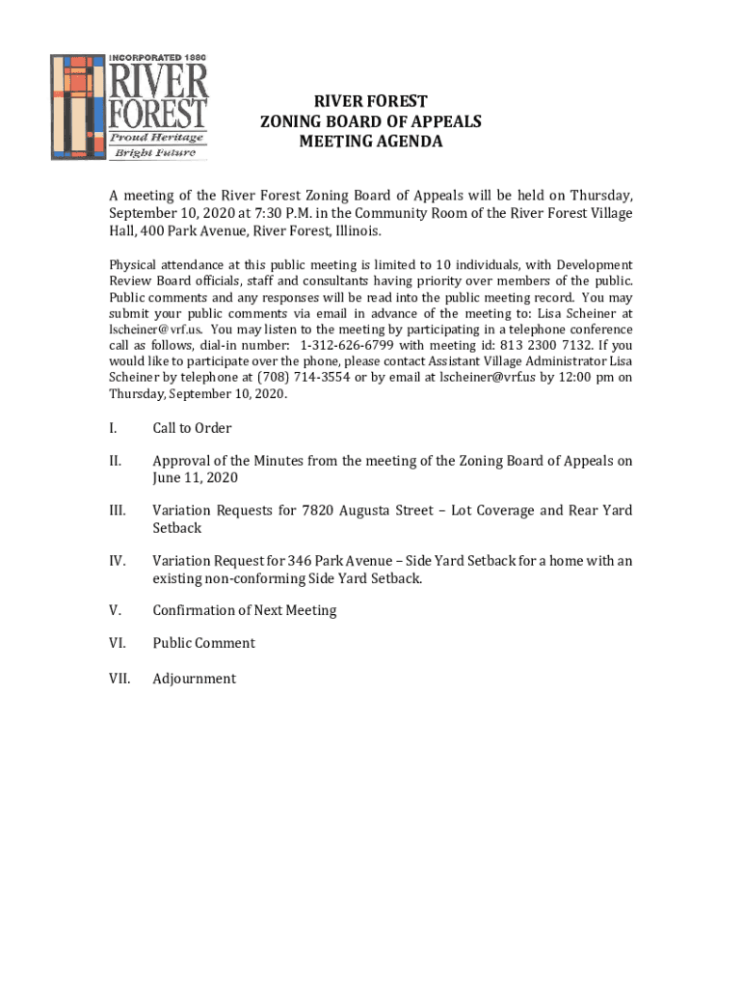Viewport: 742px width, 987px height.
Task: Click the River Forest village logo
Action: pos(129,105)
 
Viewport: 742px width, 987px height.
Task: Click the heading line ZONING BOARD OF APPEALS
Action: pos(370,121)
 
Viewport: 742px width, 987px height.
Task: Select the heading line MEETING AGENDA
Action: pos(370,142)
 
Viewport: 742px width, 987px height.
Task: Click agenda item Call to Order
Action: pos(192,428)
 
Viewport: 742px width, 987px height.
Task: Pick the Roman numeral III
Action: pos(117,511)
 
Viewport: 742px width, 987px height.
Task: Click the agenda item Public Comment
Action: pos(203,643)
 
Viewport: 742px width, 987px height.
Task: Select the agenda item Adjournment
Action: pos(194,679)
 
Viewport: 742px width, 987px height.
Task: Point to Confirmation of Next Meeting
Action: pos(245,610)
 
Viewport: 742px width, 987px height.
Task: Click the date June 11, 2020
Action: pos(195,478)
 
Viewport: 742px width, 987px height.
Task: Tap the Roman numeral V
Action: pos(115,610)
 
